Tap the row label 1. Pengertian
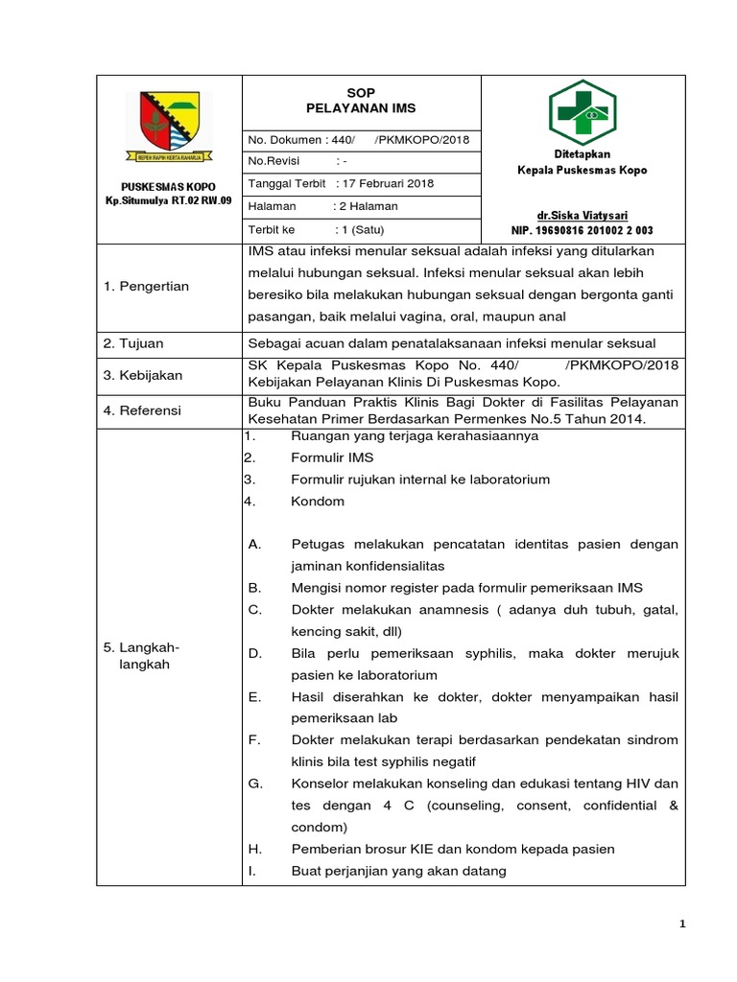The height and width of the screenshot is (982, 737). (146, 286)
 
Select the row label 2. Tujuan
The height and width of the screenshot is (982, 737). (135, 342)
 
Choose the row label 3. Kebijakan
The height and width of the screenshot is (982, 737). (143, 375)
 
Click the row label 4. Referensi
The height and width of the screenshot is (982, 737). (143, 410)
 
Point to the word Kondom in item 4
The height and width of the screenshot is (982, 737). (318, 501)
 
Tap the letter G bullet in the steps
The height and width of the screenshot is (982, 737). (255, 783)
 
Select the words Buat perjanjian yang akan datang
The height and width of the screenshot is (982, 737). (398, 871)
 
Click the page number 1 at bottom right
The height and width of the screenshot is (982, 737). (681, 924)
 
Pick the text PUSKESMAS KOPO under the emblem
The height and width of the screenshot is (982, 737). (169, 186)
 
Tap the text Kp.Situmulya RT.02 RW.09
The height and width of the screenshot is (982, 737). (169, 200)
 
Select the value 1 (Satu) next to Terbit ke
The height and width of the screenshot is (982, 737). (360, 230)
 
